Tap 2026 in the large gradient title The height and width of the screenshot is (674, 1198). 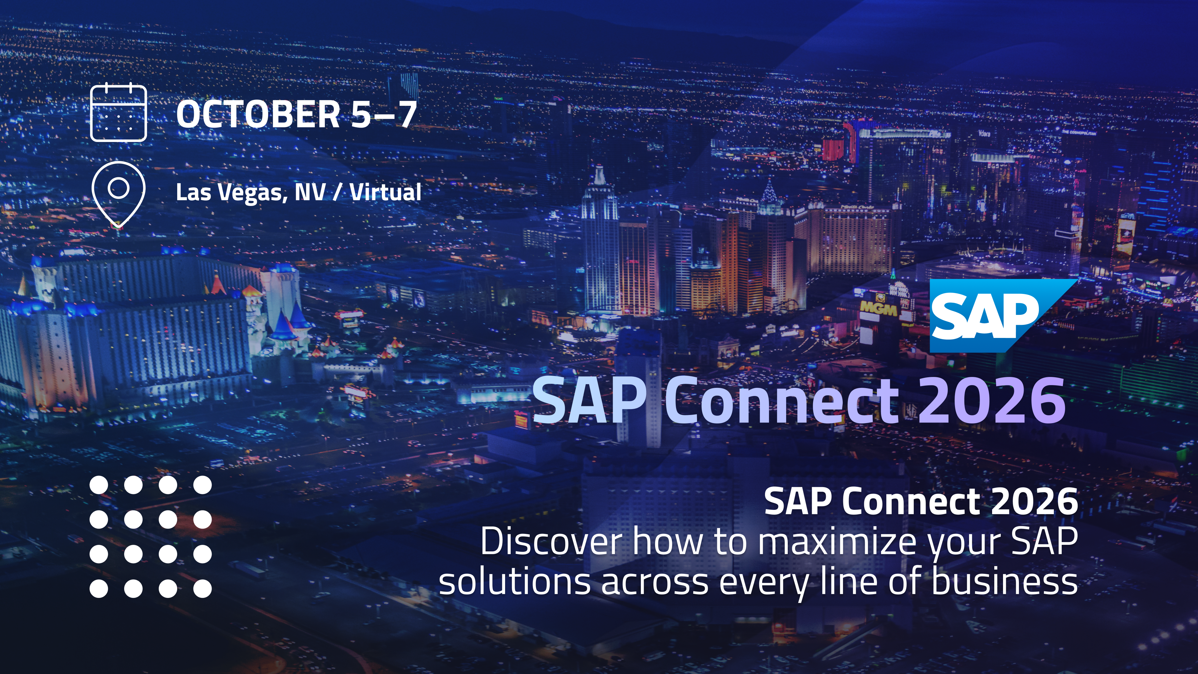coord(992,400)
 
